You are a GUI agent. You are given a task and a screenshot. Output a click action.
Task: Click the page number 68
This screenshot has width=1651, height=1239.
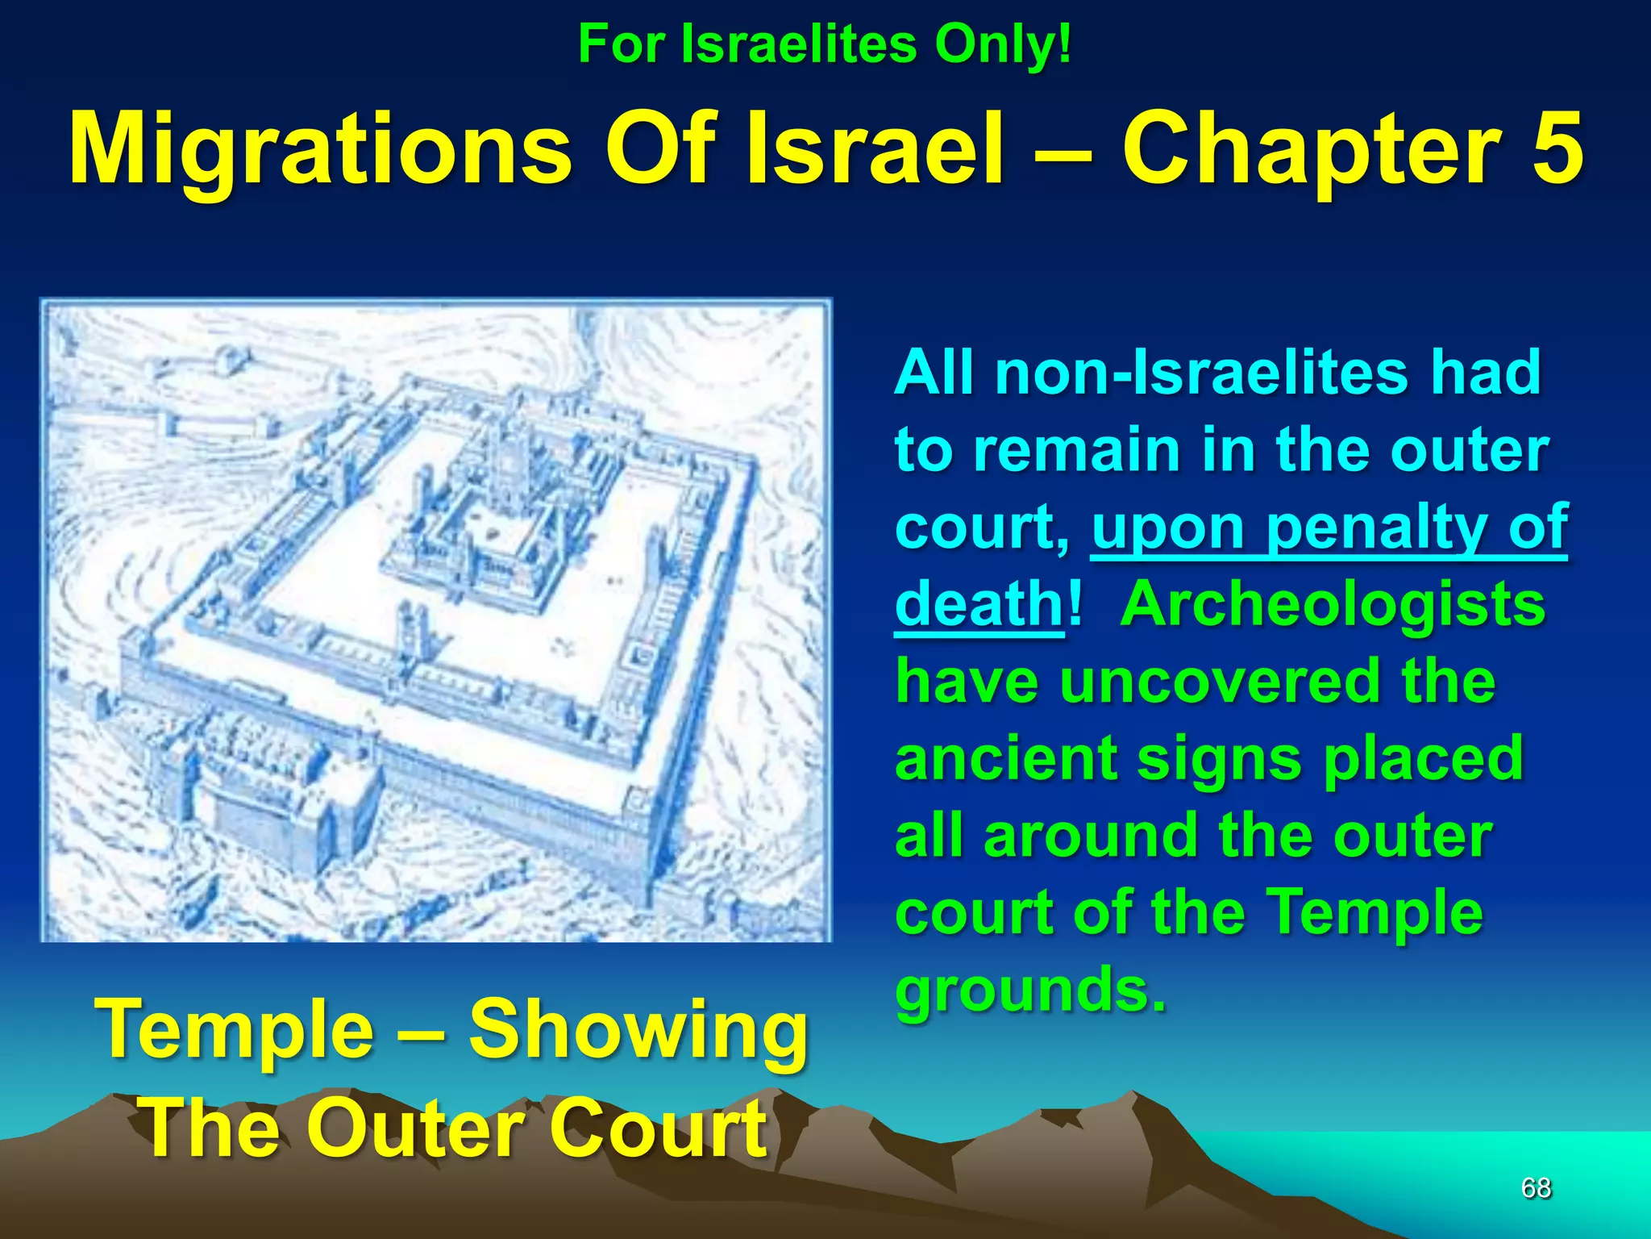pyautogui.click(x=1536, y=1188)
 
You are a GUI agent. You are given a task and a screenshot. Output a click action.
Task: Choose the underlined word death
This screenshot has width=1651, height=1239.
pyautogui.click(x=979, y=604)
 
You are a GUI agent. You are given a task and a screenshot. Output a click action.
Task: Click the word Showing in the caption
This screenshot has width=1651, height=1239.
pyautogui.click(x=638, y=1030)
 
